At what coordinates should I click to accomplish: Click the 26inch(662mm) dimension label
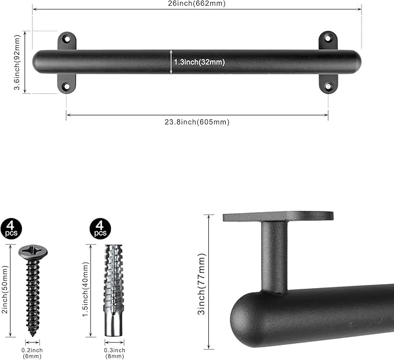(197, 3)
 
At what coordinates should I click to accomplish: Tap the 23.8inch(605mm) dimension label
(197, 122)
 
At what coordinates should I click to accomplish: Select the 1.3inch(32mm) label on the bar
(199, 61)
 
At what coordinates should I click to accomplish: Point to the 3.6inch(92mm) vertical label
(17, 62)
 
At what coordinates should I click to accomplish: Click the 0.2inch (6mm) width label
(32, 354)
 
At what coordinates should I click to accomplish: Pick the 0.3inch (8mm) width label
(114, 354)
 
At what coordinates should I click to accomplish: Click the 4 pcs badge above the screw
(11, 228)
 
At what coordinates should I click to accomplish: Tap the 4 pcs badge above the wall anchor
(100, 228)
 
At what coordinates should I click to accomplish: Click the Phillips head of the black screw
(32, 252)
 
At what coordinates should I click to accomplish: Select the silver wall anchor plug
(114, 290)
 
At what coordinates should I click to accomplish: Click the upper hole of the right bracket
(328, 39)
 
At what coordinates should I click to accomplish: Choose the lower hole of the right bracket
(328, 86)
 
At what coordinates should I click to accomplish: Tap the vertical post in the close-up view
(273, 255)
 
